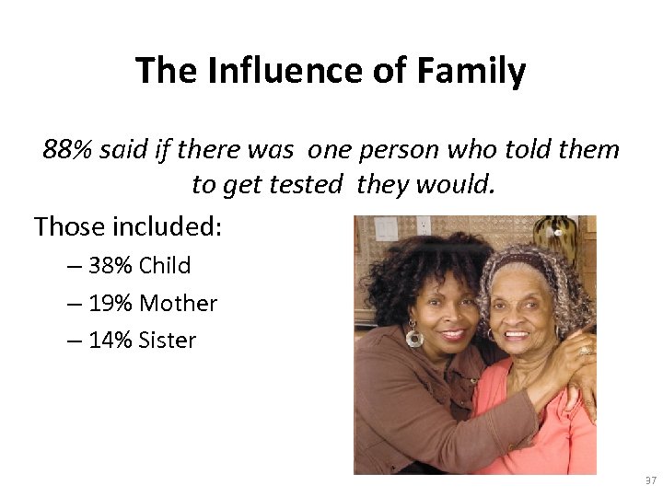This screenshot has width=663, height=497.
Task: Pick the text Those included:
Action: [128, 225]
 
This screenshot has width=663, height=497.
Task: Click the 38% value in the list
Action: [112, 266]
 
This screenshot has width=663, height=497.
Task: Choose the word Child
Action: [165, 266]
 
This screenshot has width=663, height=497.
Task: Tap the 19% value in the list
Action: [112, 303]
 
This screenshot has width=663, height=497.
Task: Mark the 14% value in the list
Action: [112, 341]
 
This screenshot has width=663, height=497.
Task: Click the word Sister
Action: [168, 341]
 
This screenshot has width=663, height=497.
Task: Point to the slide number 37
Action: [650, 481]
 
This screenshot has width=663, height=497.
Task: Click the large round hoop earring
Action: [414, 337]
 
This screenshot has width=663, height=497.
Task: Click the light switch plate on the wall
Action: [386, 227]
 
